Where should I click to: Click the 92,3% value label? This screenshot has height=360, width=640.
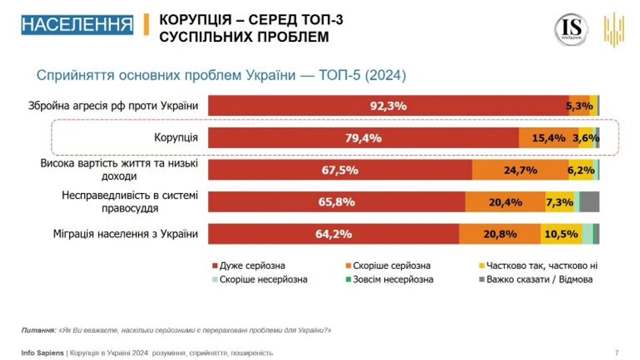click(388, 106)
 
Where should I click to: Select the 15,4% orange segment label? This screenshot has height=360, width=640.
click(549, 138)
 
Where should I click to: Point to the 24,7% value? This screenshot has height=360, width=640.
click(520, 170)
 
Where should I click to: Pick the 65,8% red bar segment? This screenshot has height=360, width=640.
click(337, 202)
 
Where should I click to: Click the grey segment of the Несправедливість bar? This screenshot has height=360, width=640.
click(589, 202)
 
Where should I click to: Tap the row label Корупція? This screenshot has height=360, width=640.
click(176, 138)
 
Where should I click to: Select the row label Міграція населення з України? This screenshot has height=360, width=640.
click(125, 234)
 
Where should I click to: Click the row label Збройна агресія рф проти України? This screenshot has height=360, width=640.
click(113, 106)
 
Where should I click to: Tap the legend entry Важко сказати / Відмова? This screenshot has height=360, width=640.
click(539, 279)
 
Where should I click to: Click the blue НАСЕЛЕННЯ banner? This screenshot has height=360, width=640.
click(77, 25)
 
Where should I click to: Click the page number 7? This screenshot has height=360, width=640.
click(617, 353)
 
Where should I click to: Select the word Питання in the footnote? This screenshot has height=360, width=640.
click(38, 330)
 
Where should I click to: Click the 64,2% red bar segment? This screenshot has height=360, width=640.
click(333, 234)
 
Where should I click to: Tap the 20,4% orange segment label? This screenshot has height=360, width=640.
click(505, 202)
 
